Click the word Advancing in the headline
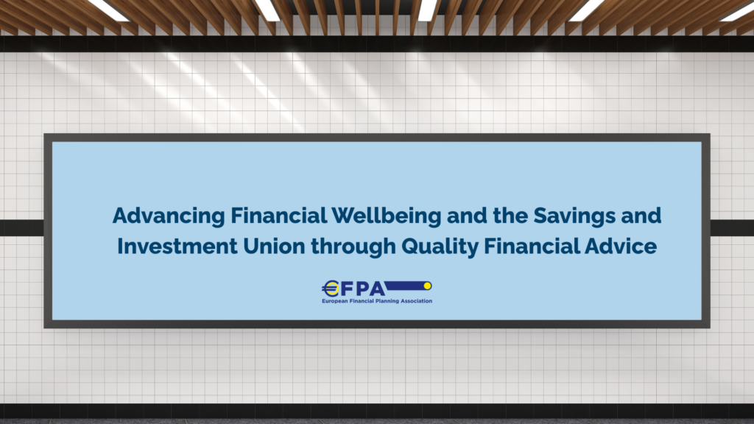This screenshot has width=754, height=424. (169, 216)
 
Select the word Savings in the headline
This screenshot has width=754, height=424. (574, 216)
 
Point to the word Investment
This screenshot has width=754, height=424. (177, 246)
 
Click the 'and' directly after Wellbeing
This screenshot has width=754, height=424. (466, 216)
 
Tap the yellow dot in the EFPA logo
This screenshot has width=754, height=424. (427, 286)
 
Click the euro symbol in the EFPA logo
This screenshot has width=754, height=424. (331, 289)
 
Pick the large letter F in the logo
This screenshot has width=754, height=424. (347, 289)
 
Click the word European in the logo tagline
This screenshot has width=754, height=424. (335, 301)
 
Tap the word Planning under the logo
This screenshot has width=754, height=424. (387, 301)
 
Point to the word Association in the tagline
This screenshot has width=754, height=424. (417, 301)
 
